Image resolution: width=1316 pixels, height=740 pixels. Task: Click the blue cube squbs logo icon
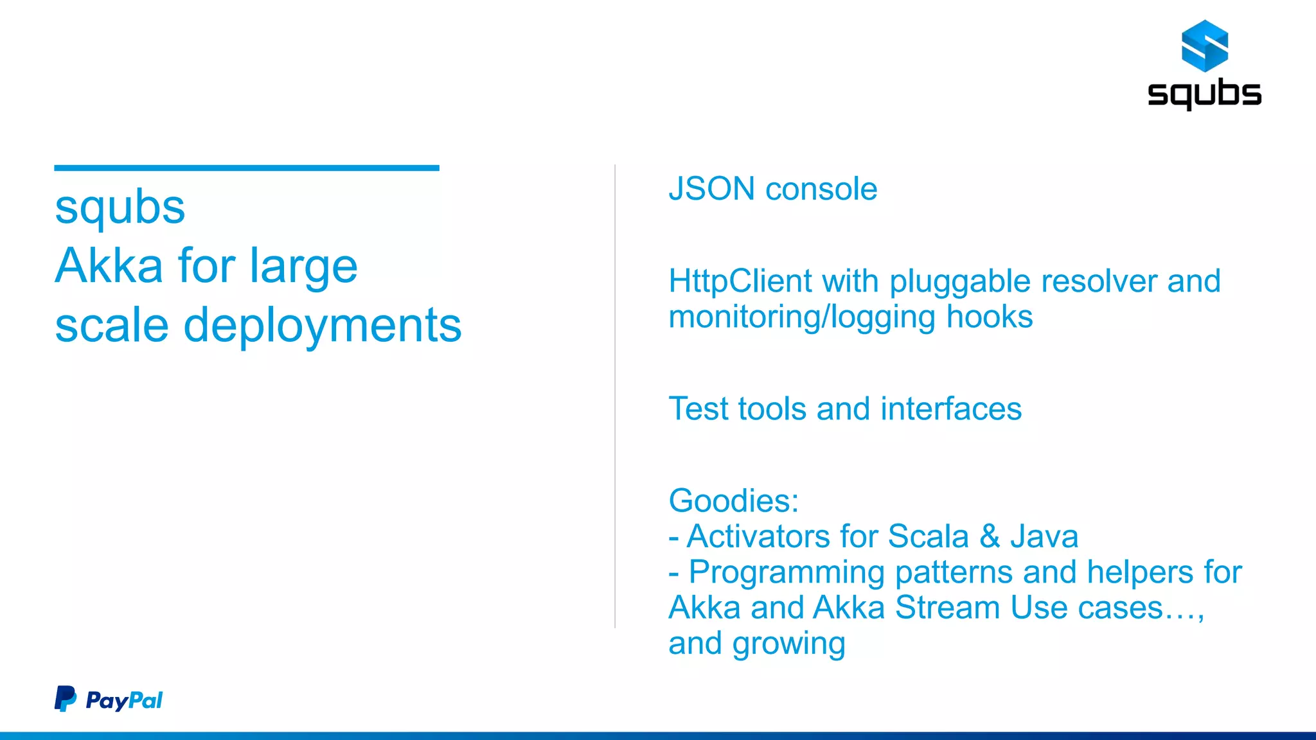coord(1205,46)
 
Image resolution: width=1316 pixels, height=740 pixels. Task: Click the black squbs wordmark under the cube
coord(1204,94)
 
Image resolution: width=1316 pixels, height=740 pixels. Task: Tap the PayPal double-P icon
coord(65,699)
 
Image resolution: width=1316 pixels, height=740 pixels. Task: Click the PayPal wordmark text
coord(124,700)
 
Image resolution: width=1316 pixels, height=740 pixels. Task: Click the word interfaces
coord(951,409)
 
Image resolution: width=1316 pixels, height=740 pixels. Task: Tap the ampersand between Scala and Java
coord(990,536)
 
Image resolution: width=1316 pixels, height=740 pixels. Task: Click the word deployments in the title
coord(323,326)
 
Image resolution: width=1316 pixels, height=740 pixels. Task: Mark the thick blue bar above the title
coord(247,168)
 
